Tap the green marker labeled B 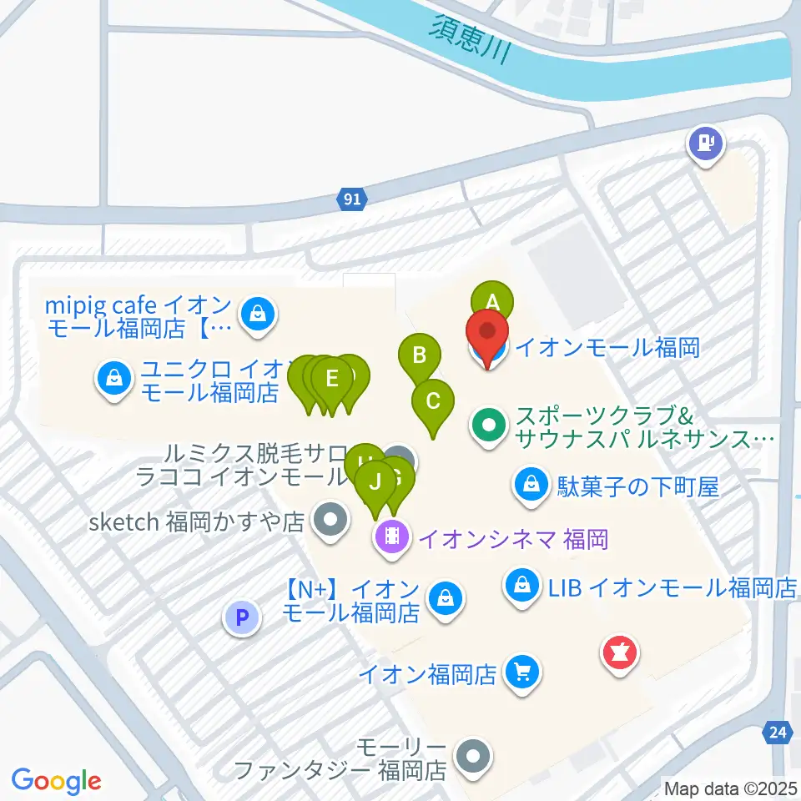click(x=420, y=355)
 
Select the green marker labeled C click(x=433, y=400)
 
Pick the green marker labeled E click(x=332, y=378)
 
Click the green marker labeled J click(x=375, y=481)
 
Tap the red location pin click(x=487, y=334)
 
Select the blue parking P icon click(x=242, y=618)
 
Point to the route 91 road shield click(x=352, y=199)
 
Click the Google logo click(x=57, y=781)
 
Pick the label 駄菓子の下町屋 click(x=638, y=486)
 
